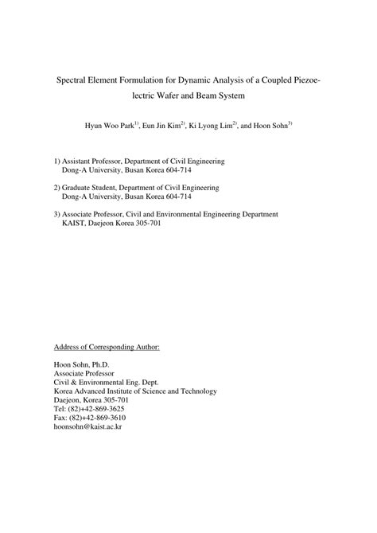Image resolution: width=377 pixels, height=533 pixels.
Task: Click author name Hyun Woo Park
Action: (110, 126)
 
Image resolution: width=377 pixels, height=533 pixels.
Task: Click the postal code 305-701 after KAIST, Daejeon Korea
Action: (147, 224)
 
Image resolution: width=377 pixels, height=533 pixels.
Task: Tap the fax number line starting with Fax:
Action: (89, 418)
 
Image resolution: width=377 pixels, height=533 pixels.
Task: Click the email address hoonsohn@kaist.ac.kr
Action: (87, 426)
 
